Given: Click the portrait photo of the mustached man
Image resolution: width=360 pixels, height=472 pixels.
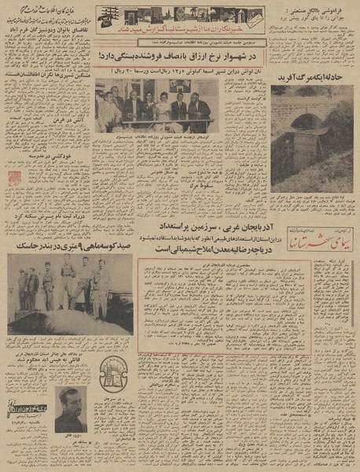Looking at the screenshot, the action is click(x=72, y=408).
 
